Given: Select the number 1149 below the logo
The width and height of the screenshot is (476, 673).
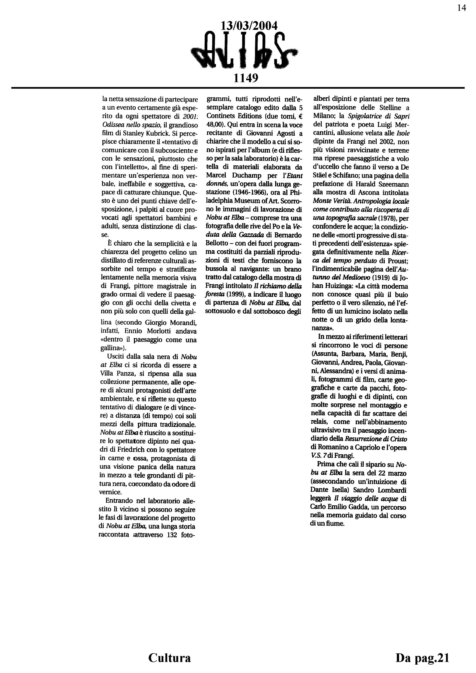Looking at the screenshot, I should (x=246, y=78).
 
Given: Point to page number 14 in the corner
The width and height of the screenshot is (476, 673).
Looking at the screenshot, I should (x=461, y=8).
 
